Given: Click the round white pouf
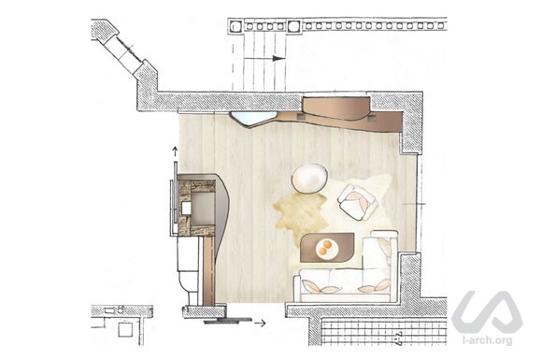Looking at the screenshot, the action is pos(309,178).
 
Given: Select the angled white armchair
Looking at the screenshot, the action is pos(358,202).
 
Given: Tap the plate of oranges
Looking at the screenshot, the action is pos(326,248).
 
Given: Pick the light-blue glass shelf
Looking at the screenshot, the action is pos(254,119).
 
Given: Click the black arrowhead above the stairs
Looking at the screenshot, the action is pos(279,59).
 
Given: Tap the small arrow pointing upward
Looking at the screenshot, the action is pos(176,151).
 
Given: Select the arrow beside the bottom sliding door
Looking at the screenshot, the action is pos(261,323).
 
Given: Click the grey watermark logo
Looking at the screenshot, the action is pos(487,312).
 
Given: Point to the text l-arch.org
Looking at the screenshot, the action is pos(488,340).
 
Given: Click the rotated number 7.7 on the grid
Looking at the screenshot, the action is pos(398,338).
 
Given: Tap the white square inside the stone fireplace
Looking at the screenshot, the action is pos(186,209).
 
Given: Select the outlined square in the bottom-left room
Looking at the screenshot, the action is pos(125,329).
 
